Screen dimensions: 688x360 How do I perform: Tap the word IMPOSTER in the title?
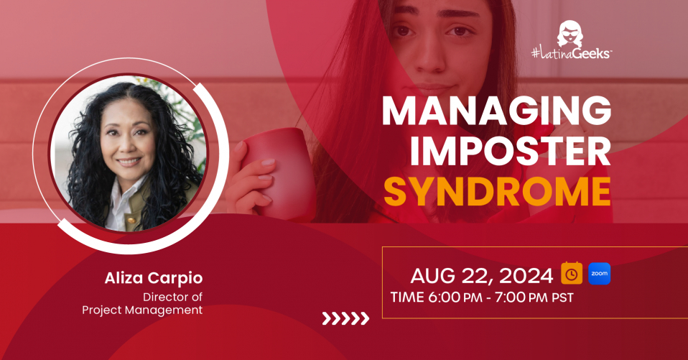click(x=511, y=152)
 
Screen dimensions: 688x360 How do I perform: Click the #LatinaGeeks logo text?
click(x=571, y=54)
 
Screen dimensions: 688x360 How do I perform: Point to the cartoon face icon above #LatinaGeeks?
click(x=570, y=33)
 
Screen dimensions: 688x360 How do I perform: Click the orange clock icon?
click(x=572, y=274)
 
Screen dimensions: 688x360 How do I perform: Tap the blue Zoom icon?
click(x=599, y=274)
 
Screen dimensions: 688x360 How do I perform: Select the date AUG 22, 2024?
click(x=481, y=276)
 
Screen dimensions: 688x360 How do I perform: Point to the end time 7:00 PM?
click(x=521, y=297)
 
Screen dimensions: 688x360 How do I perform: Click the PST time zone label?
click(x=562, y=298)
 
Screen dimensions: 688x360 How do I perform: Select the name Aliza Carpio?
click(x=154, y=278)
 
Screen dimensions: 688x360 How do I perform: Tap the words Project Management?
click(x=142, y=310)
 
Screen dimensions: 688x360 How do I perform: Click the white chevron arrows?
click(x=345, y=319)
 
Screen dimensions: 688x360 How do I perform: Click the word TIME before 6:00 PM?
click(x=407, y=297)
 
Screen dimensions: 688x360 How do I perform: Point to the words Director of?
click(x=172, y=297)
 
